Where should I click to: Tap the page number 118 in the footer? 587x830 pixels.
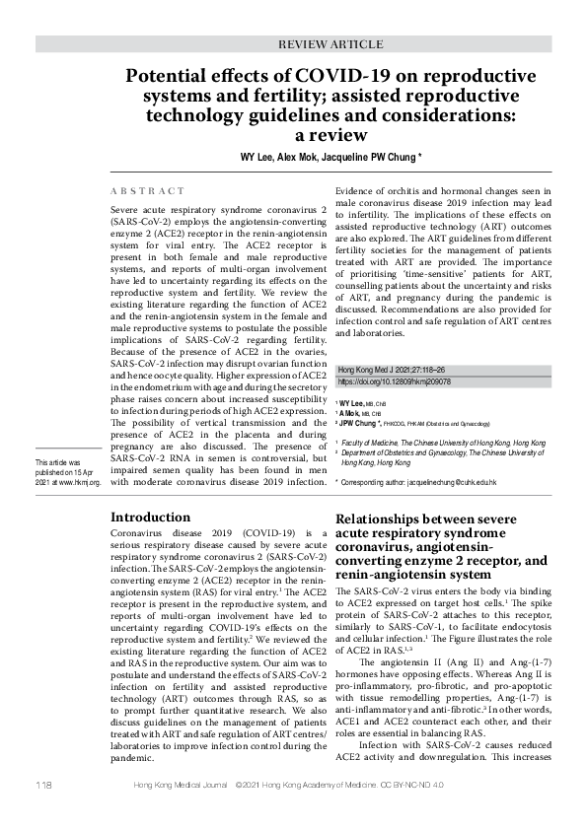42,811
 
